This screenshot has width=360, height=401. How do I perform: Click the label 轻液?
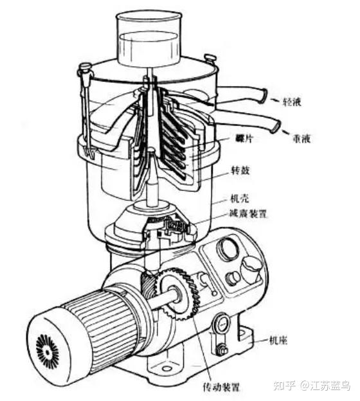tap(291, 102)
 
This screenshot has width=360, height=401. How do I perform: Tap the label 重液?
tap(301, 139)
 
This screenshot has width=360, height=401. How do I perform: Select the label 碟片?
tap(244, 139)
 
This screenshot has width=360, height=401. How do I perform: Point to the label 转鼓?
tap(240, 170)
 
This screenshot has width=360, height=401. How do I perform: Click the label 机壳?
tap(240, 199)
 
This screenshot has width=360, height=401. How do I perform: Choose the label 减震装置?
tap(248, 213)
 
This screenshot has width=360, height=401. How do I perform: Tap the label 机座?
tap(278, 341)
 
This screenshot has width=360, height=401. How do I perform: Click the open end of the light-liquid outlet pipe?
tap(264, 96)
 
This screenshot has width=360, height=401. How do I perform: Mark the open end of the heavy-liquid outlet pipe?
tap(276, 126)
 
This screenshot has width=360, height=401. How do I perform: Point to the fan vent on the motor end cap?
tap(48, 353)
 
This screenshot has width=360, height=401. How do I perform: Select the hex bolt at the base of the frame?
tap(221, 350)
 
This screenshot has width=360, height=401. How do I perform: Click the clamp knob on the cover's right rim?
tap(211, 58)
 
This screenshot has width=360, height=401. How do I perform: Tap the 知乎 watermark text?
tap(285, 386)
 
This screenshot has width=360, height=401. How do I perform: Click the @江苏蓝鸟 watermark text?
tap(325, 386)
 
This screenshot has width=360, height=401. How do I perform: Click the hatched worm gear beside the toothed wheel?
tap(148, 284)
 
